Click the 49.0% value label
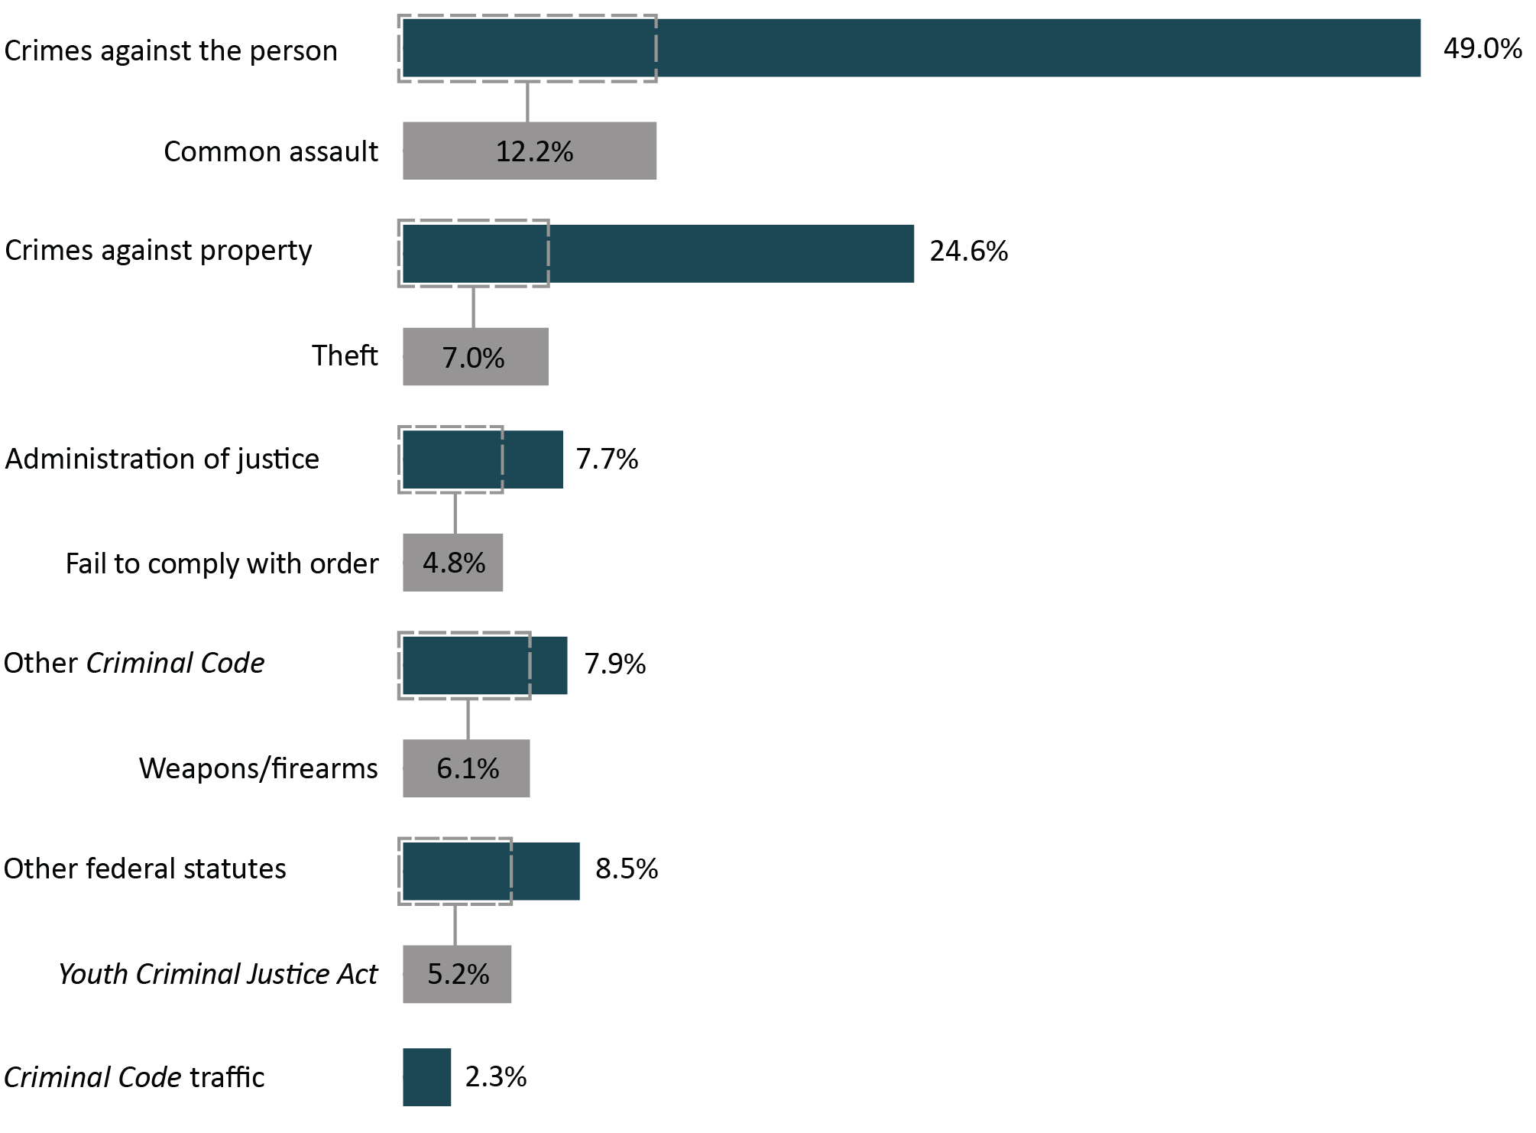tap(1482, 49)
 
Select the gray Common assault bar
tap(529, 151)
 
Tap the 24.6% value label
tap(968, 252)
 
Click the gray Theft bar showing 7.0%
tap(475, 356)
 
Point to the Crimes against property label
tap(159, 251)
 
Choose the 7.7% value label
tap(607, 459)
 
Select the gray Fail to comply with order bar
tap(452, 563)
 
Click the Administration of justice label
tap(162, 459)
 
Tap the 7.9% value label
tap(614, 664)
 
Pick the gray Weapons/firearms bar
tap(466, 768)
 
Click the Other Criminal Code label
tap(134, 663)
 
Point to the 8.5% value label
tap(627, 868)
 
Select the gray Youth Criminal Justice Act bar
tap(457, 973)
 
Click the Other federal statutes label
tap(145, 868)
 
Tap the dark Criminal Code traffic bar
tap(426, 1076)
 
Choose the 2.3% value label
tap(496, 1076)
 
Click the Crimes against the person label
tap(171, 50)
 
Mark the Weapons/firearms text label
tap(258, 768)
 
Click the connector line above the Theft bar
tap(473, 307)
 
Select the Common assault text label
tap(271, 151)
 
